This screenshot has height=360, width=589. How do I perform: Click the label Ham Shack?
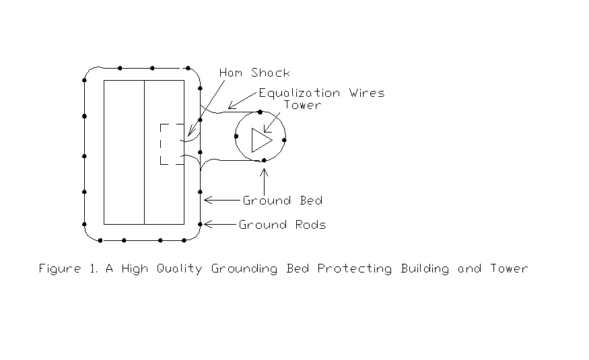[x=255, y=73]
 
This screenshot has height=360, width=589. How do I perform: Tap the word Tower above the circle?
[x=302, y=105]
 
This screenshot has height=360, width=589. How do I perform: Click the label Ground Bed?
[x=283, y=201]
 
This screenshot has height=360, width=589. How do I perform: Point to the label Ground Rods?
[x=283, y=225]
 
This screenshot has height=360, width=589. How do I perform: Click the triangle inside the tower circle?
[x=261, y=140]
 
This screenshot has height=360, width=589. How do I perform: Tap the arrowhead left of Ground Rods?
[x=207, y=224]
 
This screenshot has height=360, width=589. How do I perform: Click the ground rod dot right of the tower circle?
[x=285, y=141]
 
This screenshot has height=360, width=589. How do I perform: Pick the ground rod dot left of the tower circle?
[x=236, y=136]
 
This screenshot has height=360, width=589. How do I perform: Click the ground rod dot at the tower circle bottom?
[x=265, y=160]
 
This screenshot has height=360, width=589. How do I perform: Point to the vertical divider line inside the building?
[x=144, y=152]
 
